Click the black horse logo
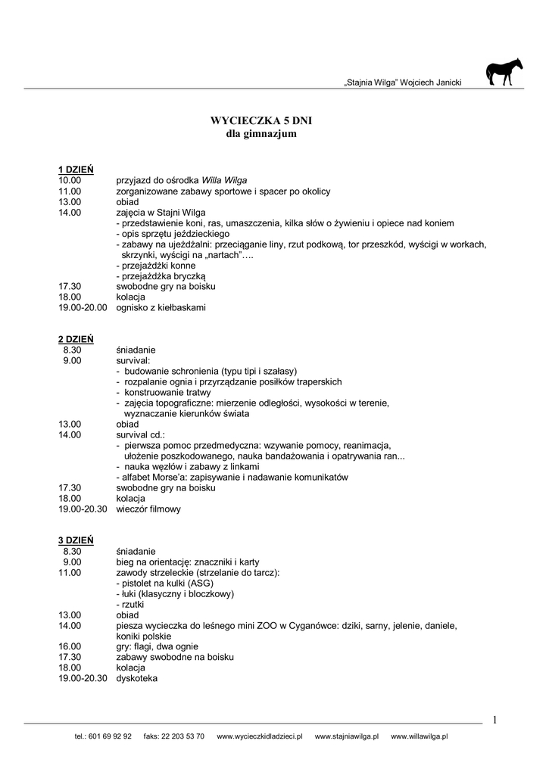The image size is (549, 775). click(x=504, y=73)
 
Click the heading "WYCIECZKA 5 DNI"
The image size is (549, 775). click(x=260, y=120)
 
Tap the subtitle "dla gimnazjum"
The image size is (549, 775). click(x=261, y=134)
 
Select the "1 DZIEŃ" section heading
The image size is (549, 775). click(x=76, y=169)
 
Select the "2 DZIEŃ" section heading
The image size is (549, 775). click(x=76, y=338)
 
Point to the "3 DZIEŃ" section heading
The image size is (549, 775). click(x=76, y=540)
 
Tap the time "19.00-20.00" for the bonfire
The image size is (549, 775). click(x=83, y=308)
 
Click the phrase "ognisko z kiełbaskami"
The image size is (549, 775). click(x=161, y=308)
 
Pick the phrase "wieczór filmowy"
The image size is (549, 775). click(x=148, y=509)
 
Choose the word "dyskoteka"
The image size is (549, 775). click(x=137, y=679)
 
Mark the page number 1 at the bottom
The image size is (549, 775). click(x=494, y=720)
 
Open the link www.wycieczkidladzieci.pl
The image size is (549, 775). click(x=260, y=736)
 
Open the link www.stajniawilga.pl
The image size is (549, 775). click(x=346, y=736)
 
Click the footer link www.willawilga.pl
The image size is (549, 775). click(x=420, y=736)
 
